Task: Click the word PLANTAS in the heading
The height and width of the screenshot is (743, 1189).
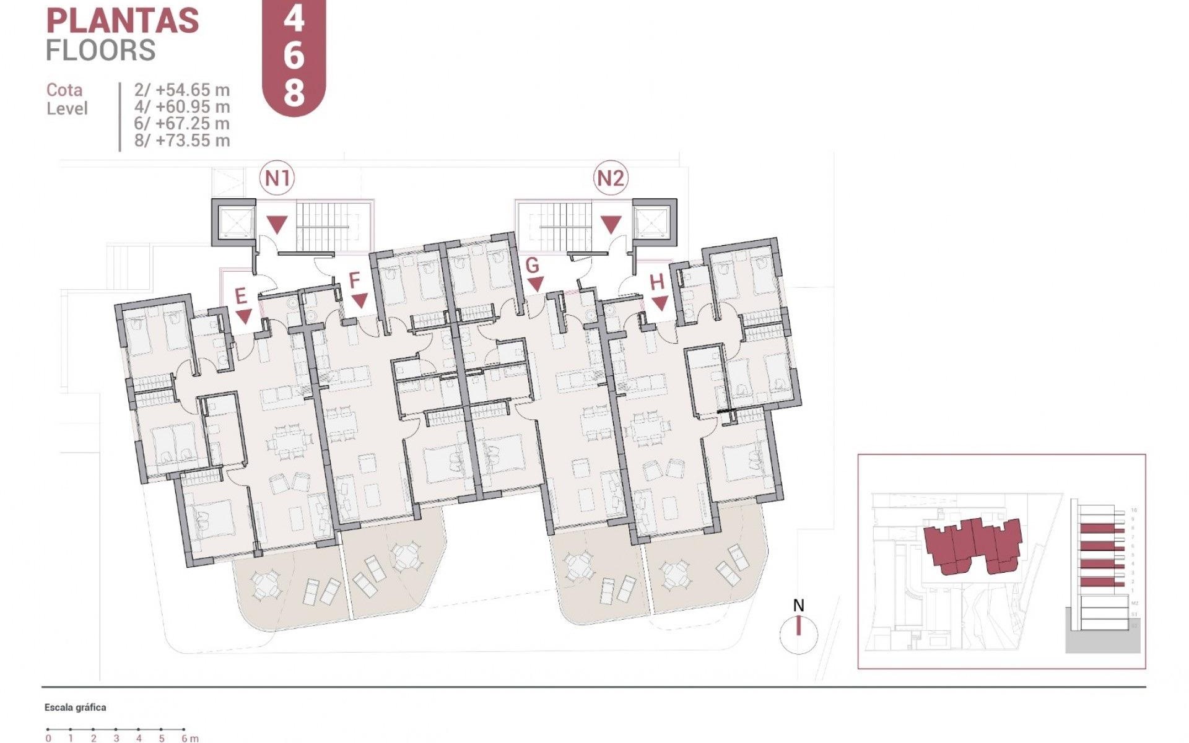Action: (123, 21)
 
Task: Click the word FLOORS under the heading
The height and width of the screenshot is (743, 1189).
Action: (100, 50)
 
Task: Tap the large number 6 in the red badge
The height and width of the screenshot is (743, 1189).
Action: (294, 57)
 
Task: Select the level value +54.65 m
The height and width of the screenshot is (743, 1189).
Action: (192, 90)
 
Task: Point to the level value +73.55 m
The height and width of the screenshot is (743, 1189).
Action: (192, 141)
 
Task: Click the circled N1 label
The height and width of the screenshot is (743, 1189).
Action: (277, 178)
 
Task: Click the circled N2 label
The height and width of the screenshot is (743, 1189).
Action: (610, 178)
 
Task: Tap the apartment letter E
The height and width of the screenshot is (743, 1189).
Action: (242, 297)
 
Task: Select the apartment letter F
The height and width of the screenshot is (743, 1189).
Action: (354, 280)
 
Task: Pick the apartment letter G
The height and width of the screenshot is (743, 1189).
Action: (532, 266)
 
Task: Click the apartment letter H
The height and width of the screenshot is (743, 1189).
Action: (657, 282)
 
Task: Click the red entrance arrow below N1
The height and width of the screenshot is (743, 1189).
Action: (277, 224)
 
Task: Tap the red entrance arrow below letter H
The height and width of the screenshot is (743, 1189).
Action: (660, 303)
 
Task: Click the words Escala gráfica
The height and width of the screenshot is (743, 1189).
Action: (75, 707)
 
